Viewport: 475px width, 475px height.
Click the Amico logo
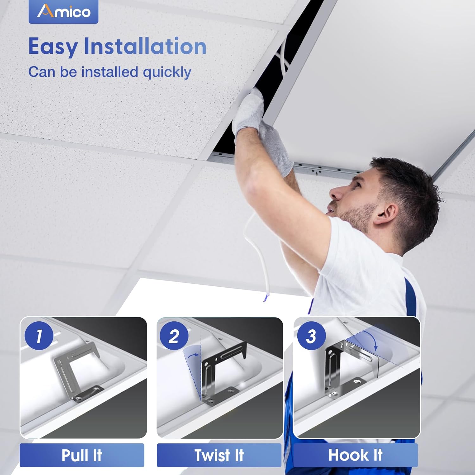click(63, 12)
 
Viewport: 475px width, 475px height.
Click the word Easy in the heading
click(53, 47)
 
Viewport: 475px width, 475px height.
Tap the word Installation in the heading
click(145, 46)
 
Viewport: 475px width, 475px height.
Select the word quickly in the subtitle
click(167, 73)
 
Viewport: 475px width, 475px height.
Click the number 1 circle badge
click(39, 336)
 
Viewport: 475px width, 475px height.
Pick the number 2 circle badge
click(174, 336)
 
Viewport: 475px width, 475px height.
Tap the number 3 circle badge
click(311, 336)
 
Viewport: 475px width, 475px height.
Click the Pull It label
click(82, 455)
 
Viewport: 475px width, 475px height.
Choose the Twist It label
click(219, 455)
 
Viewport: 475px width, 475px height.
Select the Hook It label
click(355, 455)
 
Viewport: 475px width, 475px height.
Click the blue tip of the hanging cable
click(266, 297)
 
